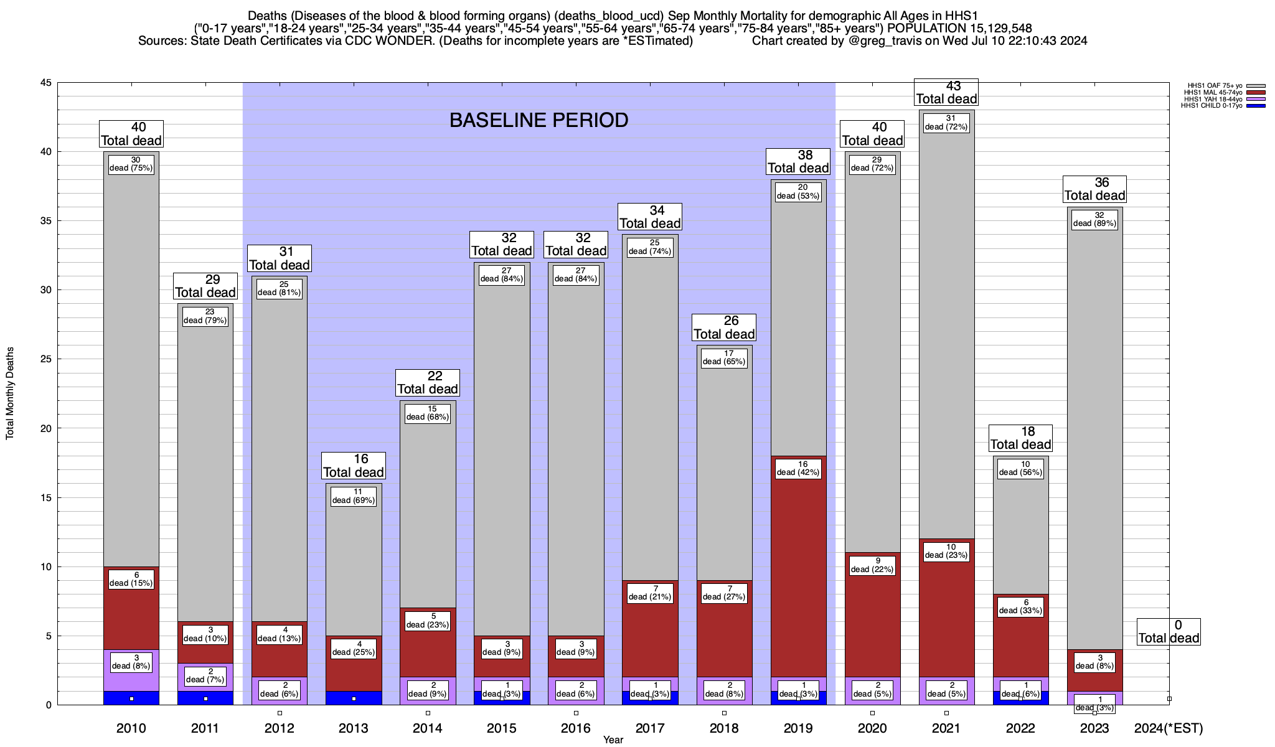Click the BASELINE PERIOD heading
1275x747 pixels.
pyautogui.click(x=539, y=120)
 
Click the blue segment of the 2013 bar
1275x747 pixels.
pyautogui.click(x=354, y=698)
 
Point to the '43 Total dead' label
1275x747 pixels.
pyautogui.click(x=946, y=92)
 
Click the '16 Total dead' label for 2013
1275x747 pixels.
pyautogui.click(x=354, y=466)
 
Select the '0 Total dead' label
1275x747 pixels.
pyautogui.click(x=1169, y=631)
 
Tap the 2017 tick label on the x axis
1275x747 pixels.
pyautogui.click(x=650, y=728)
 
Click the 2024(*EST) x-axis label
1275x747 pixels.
pyautogui.click(x=1169, y=728)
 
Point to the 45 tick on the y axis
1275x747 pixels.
pyautogui.click(x=46, y=83)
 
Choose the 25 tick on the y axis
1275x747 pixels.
pyautogui.click(x=46, y=359)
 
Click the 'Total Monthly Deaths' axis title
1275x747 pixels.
pyautogui.click(x=10, y=393)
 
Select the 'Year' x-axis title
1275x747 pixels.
pyautogui.click(x=613, y=740)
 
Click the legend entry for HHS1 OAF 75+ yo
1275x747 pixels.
pyautogui.click(x=1214, y=86)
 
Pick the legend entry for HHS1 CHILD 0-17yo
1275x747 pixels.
pyautogui.click(x=1214, y=106)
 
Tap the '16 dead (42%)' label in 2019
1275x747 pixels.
pyautogui.click(x=798, y=468)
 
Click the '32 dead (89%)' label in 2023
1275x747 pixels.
pyautogui.click(x=1094, y=220)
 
